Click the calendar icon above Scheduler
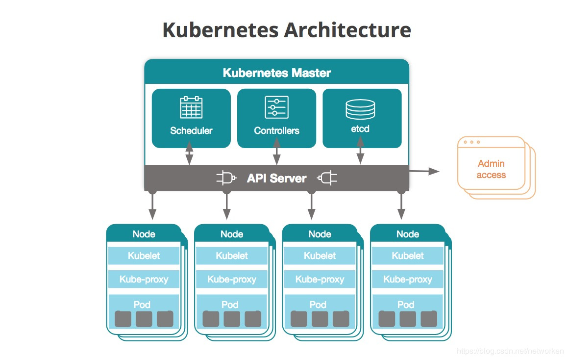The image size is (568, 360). coord(191,107)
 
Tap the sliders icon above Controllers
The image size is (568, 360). coord(277,107)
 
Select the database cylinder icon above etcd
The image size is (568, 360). coord(360,109)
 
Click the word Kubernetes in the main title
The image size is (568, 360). coord(221,30)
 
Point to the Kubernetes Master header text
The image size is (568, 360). coord(277,73)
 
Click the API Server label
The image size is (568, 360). coord(277,178)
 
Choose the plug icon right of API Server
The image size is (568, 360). coord(327,178)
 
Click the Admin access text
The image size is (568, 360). coord(491,169)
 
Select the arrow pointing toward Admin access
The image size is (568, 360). coord(424,171)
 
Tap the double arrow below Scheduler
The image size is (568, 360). coord(189,153)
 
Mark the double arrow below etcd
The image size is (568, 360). coord(360,150)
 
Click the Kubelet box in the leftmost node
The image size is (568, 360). coord(144,256)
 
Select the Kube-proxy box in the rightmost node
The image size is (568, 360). coord(408,279)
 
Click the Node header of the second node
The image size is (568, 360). coord(232,234)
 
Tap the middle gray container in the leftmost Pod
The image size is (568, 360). coord(144,319)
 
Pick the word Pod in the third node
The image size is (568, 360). coord(318,305)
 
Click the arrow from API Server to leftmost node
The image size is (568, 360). coord(152,205)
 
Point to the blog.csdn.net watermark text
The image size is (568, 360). coord(510,351)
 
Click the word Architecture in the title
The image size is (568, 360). coord(347,30)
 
